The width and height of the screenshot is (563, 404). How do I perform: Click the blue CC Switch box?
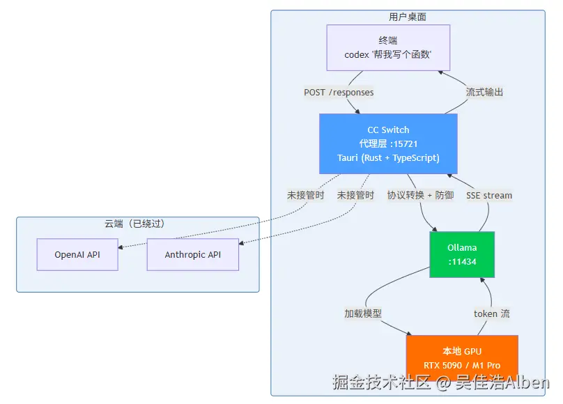(x=388, y=144)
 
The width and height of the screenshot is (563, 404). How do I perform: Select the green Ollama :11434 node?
(x=462, y=254)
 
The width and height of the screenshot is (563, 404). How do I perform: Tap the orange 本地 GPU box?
(x=462, y=358)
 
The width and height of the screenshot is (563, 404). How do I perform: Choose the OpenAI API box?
(x=77, y=254)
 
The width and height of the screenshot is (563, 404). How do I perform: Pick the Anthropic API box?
(x=193, y=254)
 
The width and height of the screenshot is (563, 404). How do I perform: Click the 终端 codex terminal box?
(x=388, y=48)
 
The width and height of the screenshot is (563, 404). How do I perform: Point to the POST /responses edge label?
(x=339, y=92)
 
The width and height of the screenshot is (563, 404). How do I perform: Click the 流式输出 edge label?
(x=484, y=92)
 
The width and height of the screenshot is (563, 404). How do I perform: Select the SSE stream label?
(x=489, y=195)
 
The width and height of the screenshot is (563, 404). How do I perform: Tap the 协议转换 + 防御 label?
(x=420, y=195)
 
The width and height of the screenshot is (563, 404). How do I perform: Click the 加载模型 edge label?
(x=363, y=313)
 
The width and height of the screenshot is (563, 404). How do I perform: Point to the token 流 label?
(x=491, y=313)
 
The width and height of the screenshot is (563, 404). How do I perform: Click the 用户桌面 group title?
(x=408, y=17)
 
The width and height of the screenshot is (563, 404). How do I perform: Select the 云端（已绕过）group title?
(x=134, y=224)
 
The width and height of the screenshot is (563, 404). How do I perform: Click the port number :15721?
(x=404, y=144)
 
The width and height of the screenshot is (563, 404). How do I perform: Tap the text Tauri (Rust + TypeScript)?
(x=388, y=158)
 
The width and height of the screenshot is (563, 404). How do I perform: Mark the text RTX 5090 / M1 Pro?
(x=462, y=365)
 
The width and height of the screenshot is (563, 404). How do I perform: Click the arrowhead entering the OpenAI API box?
(x=121, y=247)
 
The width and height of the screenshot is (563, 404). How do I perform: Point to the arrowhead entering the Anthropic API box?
(x=241, y=243)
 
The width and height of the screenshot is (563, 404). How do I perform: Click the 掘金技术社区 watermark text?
(x=381, y=382)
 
